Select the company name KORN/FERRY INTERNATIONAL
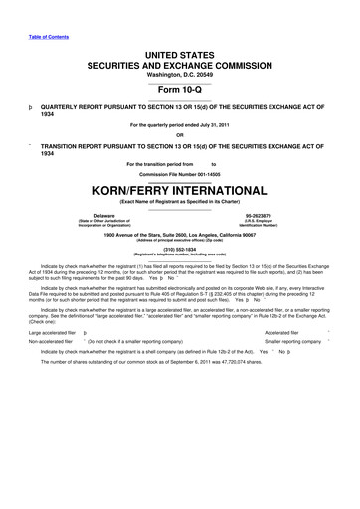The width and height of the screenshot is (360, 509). coord(180,188)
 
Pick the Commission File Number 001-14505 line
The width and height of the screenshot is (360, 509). coord(180,173)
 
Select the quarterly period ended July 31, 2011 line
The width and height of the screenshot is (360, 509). coord(180,123)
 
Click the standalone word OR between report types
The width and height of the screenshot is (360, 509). coord(180,135)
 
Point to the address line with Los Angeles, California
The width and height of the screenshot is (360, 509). coord(180,232)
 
